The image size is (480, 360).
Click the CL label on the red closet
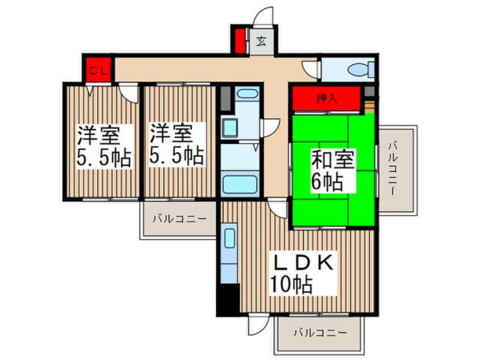98,71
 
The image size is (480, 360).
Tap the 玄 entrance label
261,42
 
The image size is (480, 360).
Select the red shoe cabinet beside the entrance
239,40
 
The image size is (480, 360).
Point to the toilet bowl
358,70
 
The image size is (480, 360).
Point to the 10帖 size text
291,285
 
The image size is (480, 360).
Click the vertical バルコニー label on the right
392,169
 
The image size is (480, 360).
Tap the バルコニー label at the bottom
319,333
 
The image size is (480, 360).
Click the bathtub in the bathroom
240,184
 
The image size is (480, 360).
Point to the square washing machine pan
231,128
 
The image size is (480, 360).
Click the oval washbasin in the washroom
247,94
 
